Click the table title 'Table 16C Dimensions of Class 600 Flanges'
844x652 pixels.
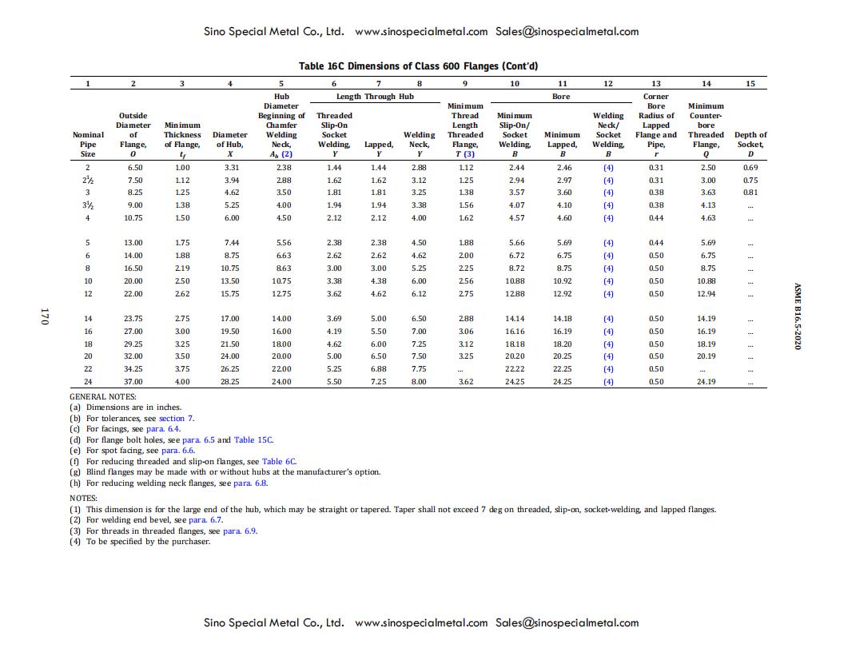[x=423, y=66]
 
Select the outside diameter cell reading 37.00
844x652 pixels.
[x=133, y=382]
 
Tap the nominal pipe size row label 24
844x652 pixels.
[x=88, y=382]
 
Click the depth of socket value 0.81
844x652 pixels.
[x=750, y=193]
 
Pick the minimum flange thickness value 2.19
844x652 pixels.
[x=182, y=268]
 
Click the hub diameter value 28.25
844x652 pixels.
[x=230, y=382]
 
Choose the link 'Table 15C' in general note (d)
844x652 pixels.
[x=253, y=439]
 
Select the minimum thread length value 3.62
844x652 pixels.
[x=466, y=382]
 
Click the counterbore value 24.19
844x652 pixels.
[x=706, y=382]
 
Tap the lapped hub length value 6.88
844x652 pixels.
[x=378, y=369]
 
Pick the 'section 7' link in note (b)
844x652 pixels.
[x=176, y=418]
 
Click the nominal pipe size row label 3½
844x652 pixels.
[x=88, y=205]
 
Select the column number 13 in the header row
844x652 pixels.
[x=656, y=83]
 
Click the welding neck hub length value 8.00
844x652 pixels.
[x=419, y=382]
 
